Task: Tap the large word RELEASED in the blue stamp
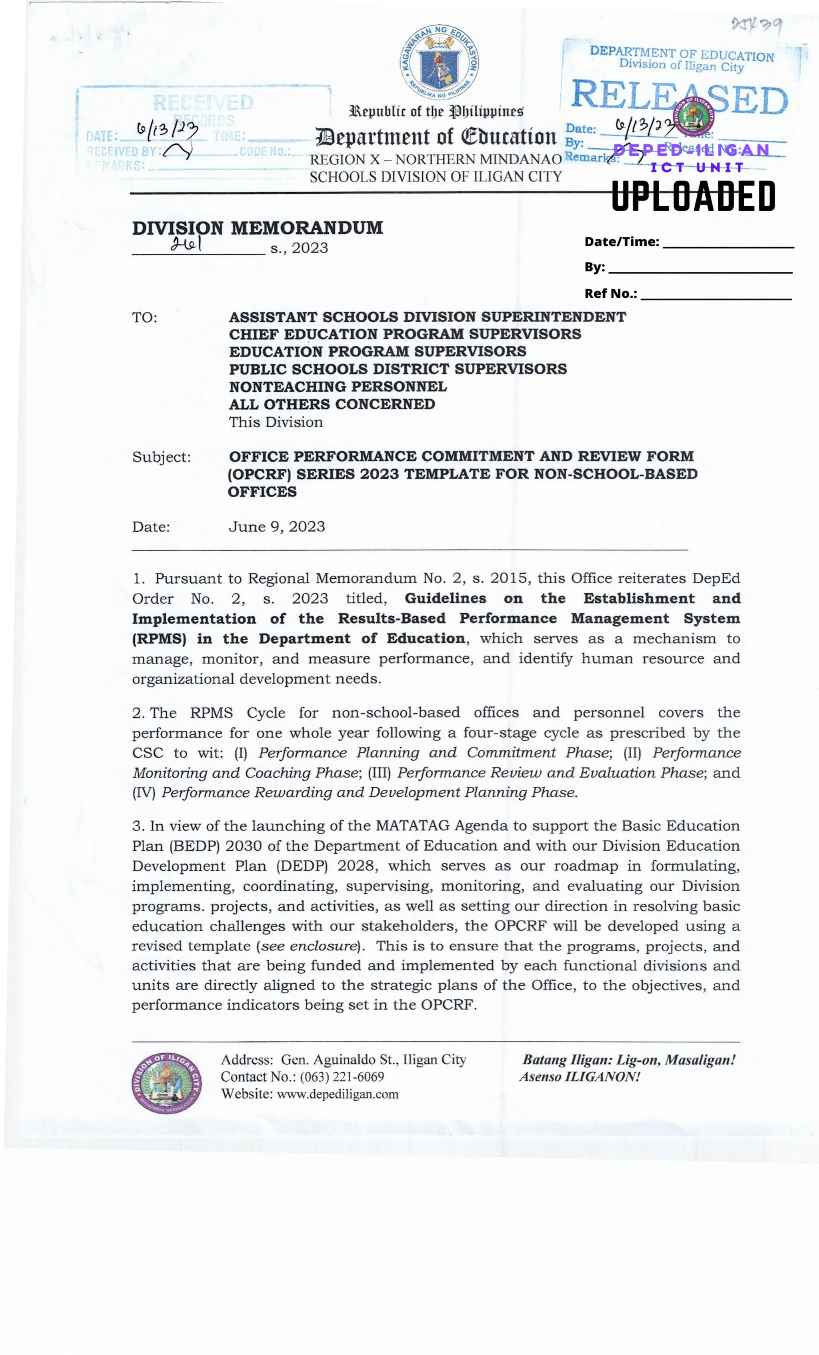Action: pyautogui.click(x=680, y=98)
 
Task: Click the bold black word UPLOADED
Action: pyautogui.click(x=693, y=196)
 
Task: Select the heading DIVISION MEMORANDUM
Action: pyautogui.click(x=258, y=228)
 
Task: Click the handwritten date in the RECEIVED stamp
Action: pyautogui.click(x=167, y=130)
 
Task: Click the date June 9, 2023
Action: pyautogui.click(x=277, y=526)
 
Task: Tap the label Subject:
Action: pyautogui.click(x=161, y=457)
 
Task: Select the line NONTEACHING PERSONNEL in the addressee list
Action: pyautogui.click(x=338, y=387)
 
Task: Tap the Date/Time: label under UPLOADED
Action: pyautogui.click(x=621, y=241)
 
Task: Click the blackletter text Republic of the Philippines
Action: pyautogui.click(x=436, y=112)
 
